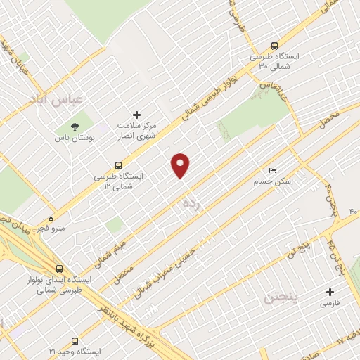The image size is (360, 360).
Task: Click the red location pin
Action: (181, 165)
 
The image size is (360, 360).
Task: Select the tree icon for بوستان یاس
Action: (74, 127)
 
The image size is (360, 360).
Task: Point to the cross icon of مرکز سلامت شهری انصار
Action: (137, 115)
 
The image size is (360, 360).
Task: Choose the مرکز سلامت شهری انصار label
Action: (138, 131)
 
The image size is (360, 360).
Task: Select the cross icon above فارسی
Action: (330, 292)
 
